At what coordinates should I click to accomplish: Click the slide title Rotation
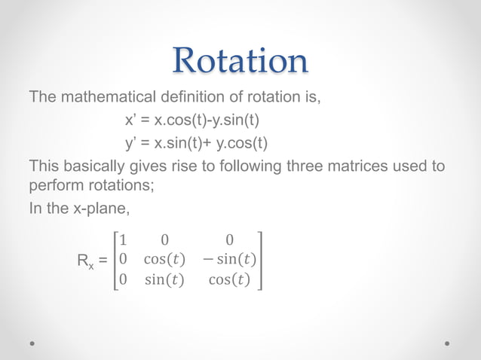pyautogui.click(x=240, y=61)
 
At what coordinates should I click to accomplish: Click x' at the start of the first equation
pyautogui.click(x=130, y=121)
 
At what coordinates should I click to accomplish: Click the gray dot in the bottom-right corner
pyautogui.click(x=447, y=343)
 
